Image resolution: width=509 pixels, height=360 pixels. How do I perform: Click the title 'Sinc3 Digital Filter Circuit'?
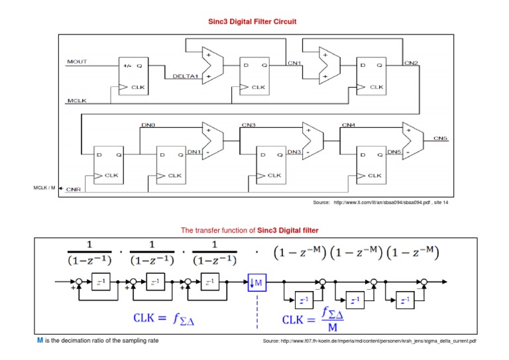[253, 22]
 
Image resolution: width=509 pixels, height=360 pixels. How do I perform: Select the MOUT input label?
[77, 62]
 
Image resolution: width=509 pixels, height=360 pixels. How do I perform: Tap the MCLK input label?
[76, 101]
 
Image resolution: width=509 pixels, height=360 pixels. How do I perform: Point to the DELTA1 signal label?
[186, 76]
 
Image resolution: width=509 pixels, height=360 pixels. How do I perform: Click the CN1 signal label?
[294, 62]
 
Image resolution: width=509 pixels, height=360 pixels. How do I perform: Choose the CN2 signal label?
[411, 62]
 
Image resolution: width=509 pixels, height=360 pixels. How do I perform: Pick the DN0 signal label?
[148, 125]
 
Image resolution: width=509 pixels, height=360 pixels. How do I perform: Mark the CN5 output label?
[441, 138]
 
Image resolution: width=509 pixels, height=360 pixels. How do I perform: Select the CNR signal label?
[74, 189]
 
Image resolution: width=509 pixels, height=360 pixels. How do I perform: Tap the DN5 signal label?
[394, 152]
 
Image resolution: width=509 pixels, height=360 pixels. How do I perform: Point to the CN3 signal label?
[249, 125]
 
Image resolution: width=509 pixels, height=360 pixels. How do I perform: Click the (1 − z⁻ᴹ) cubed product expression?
[355, 253]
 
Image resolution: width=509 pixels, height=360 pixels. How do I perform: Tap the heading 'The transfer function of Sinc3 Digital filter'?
[249, 230]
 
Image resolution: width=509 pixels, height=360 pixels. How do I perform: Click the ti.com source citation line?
[380, 202]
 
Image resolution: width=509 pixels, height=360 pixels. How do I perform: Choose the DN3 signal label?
[294, 152]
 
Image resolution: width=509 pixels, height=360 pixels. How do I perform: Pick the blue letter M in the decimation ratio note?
[39, 340]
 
